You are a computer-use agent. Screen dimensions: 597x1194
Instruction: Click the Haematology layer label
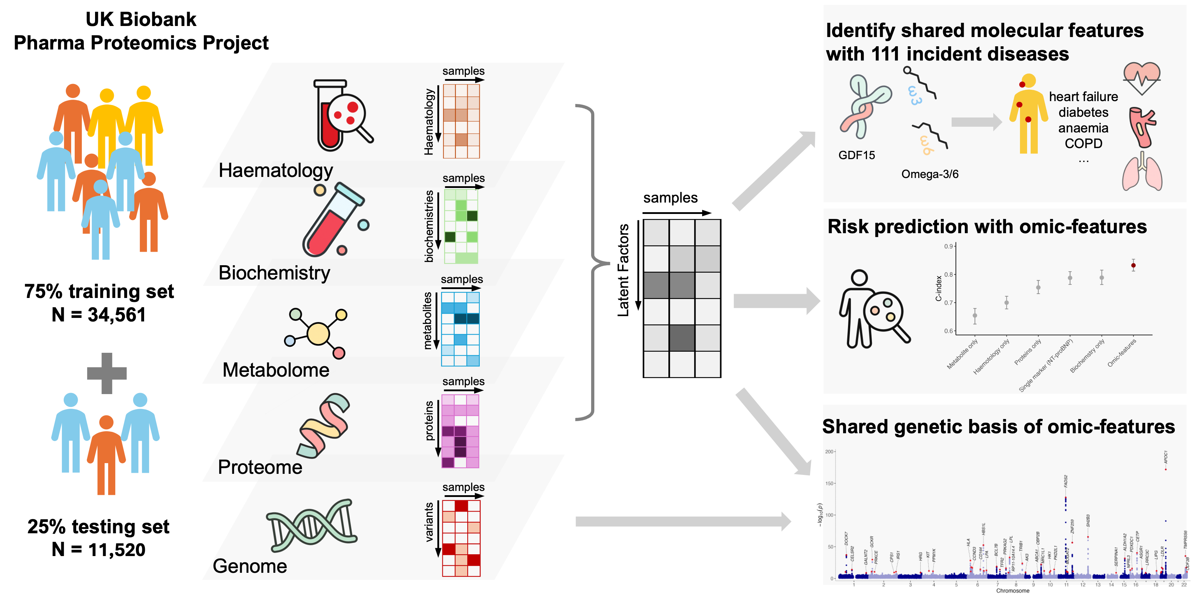tap(276, 171)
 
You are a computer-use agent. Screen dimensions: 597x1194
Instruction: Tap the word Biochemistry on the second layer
tap(274, 273)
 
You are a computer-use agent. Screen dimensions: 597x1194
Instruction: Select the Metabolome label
tap(276, 370)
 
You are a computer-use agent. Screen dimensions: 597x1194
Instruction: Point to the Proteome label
tap(260, 467)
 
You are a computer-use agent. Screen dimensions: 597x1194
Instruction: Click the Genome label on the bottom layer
tap(250, 566)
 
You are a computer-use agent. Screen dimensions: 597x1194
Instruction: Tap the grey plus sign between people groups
tap(107, 373)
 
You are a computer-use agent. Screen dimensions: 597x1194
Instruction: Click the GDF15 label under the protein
tap(857, 155)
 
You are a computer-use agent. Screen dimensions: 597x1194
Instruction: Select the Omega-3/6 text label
tap(930, 174)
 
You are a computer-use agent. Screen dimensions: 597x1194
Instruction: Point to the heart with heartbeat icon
tap(1142, 78)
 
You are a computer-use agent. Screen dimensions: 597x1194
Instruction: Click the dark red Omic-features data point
tap(1133, 266)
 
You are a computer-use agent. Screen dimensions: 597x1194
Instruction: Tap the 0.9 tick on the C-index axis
tap(949, 246)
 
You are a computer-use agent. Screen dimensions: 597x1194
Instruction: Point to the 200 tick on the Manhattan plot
tap(829, 451)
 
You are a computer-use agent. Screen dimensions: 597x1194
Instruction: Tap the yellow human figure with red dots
tap(1029, 114)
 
